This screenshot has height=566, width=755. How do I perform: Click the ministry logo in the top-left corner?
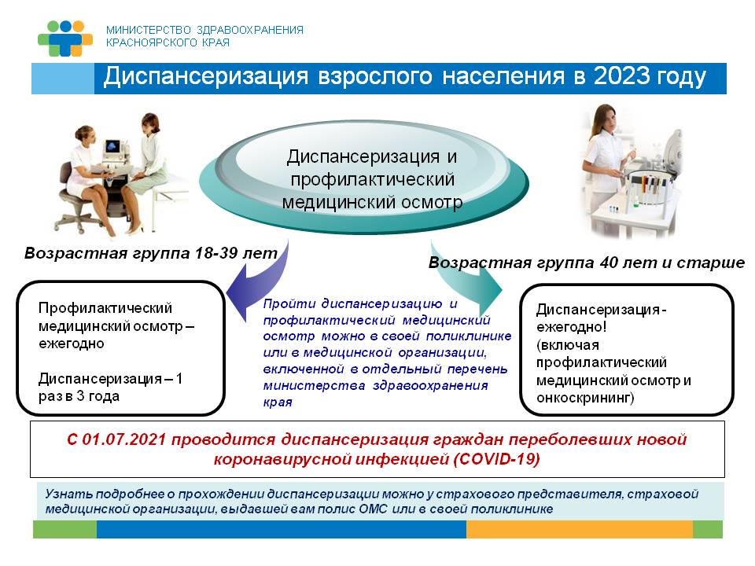(65, 37)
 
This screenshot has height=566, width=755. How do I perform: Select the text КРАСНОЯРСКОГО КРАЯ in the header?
(168, 43)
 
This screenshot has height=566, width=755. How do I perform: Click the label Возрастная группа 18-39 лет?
(150, 253)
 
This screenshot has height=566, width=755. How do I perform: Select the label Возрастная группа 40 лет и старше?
(586, 263)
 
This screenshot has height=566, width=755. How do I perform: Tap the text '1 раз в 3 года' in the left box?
(110, 388)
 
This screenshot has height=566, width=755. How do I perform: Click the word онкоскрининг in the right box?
(584, 399)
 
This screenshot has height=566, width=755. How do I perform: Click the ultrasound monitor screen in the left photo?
(115, 146)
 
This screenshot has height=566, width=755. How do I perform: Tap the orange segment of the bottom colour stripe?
(579, 529)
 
